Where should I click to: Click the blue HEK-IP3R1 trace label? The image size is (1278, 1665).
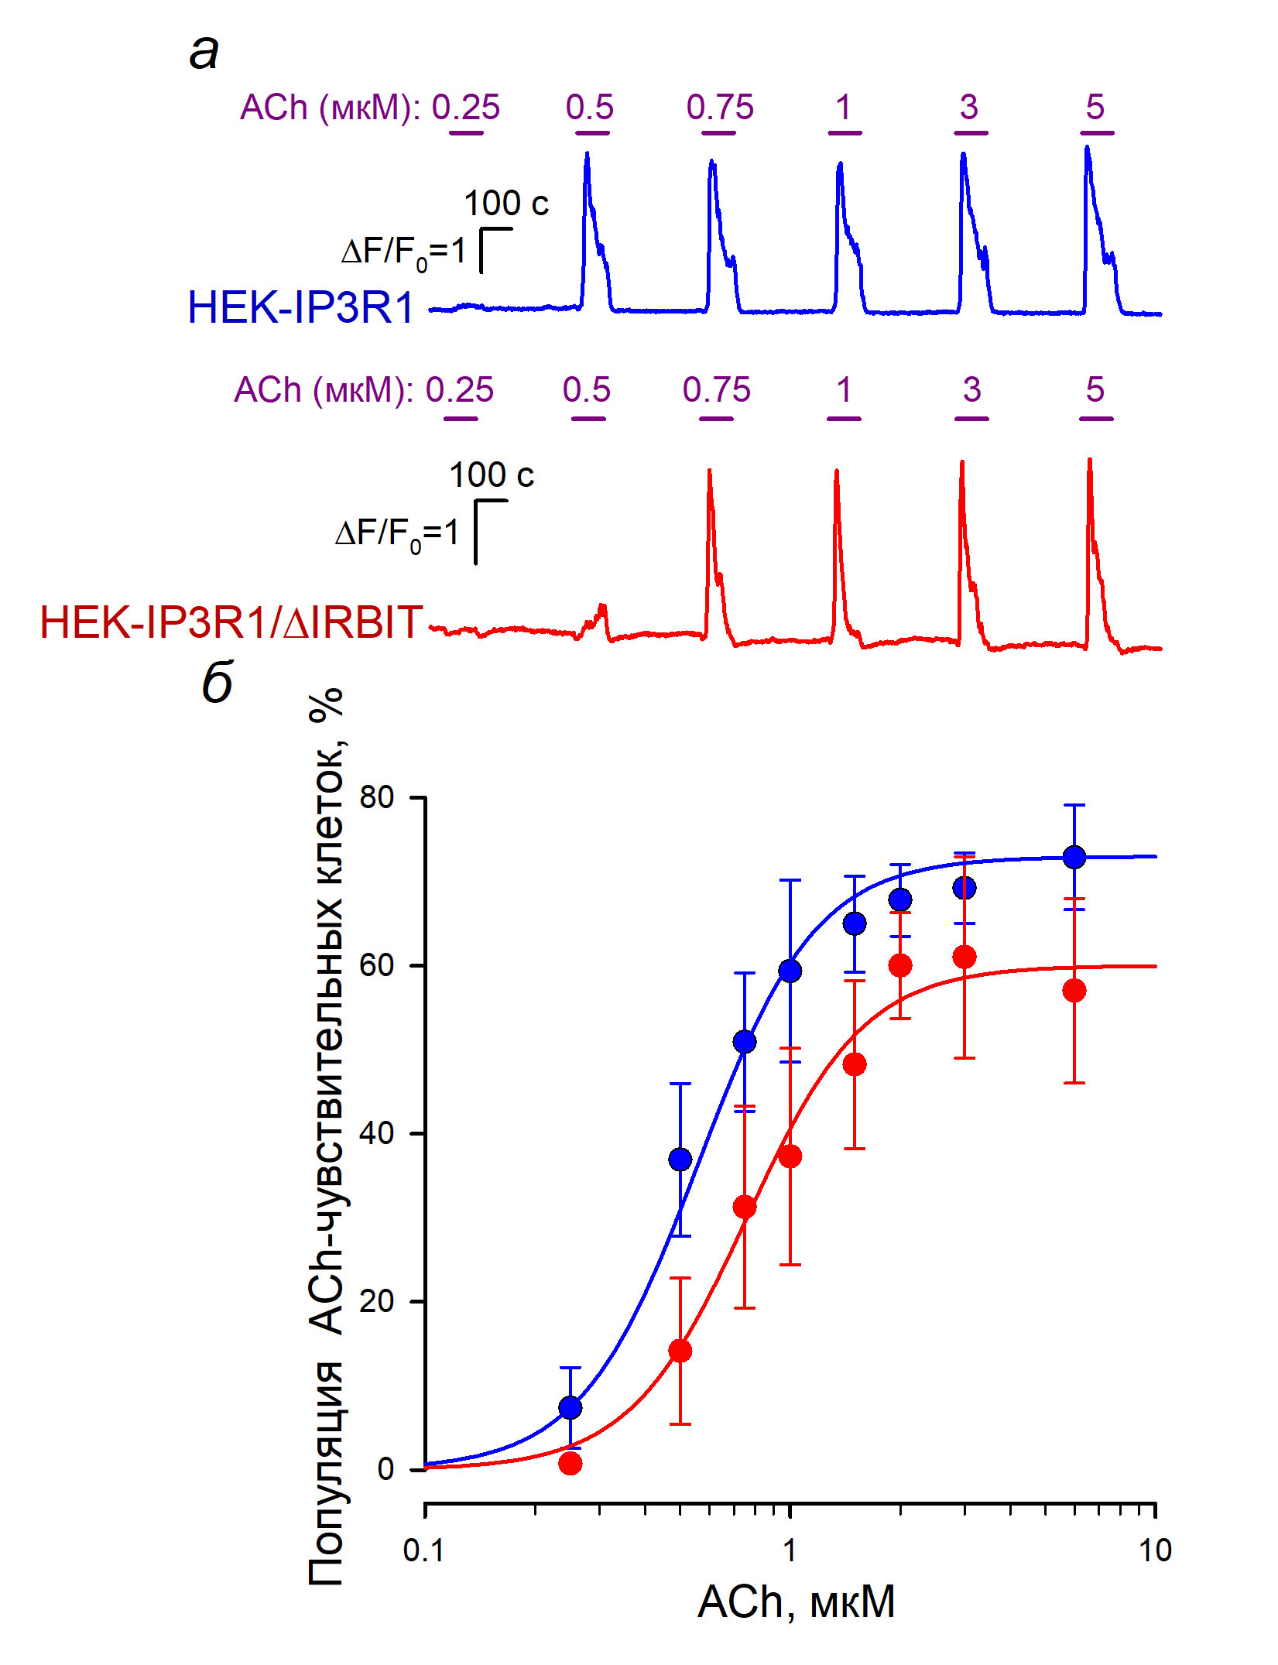(x=301, y=307)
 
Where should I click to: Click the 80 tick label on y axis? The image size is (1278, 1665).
(x=377, y=797)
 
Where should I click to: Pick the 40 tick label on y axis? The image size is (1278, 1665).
(x=377, y=1132)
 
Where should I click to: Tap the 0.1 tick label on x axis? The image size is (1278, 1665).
(x=424, y=1550)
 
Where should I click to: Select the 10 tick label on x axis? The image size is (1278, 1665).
(x=1155, y=1550)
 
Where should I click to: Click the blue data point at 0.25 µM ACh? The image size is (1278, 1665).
(x=570, y=1407)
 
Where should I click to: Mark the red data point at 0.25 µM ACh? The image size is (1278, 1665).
(x=570, y=1463)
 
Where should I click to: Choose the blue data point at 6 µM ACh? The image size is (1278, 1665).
(x=1074, y=857)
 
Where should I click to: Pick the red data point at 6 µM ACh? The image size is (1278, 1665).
(x=1074, y=991)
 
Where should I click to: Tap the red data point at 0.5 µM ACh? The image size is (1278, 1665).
(x=680, y=1351)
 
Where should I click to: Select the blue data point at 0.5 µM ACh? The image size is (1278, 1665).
(x=680, y=1159)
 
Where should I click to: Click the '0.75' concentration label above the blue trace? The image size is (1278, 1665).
(x=720, y=108)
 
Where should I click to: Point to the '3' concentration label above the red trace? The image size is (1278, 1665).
(x=972, y=390)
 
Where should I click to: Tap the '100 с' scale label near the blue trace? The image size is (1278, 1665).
(x=506, y=204)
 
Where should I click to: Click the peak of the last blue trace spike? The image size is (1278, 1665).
(x=1087, y=147)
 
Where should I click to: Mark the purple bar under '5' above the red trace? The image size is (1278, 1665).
(x=1096, y=419)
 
